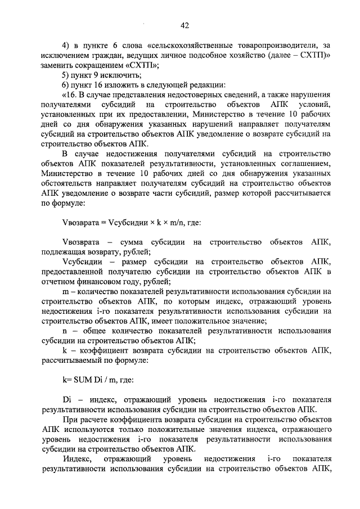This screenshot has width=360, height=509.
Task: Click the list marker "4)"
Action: (x=65, y=45)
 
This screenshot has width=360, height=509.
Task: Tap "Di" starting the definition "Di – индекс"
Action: (x=66, y=399)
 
